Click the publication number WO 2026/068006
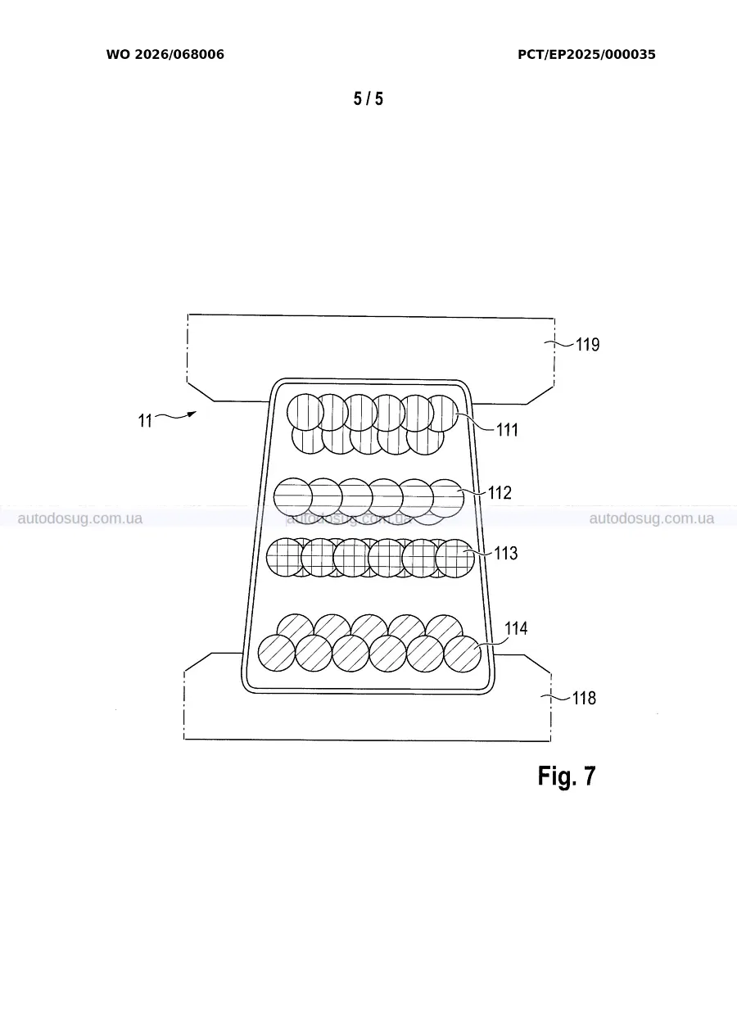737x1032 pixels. [165, 54]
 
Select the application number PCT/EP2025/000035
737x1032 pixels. [586, 54]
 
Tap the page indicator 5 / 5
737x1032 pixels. [368, 98]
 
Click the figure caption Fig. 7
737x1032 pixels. [567, 776]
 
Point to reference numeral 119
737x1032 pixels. [588, 345]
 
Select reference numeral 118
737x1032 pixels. [584, 698]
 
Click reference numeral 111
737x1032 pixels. [507, 430]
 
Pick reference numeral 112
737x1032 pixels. [500, 493]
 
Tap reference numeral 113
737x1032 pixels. [506, 553]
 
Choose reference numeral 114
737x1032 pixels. [516, 628]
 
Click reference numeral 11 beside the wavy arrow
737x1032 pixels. [145, 421]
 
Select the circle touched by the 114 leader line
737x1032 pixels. [463, 654]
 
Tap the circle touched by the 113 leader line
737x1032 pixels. [454, 559]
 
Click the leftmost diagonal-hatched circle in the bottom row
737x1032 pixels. [277, 654]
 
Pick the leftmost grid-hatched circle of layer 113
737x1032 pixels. [286, 557]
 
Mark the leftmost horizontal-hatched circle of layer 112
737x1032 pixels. [293, 497]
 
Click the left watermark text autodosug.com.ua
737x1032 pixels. [80, 518]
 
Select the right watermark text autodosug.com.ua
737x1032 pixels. [652, 518]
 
